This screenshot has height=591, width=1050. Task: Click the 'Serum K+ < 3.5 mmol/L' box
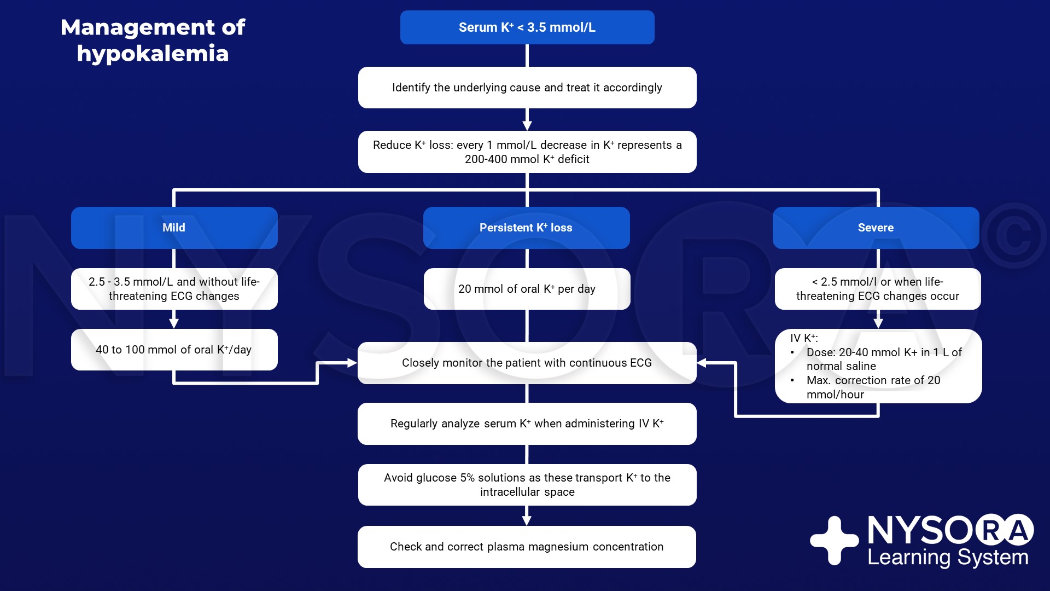pyautogui.click(x=527, y=27)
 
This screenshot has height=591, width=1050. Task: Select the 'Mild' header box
pyautogui.click(x=174, y=228)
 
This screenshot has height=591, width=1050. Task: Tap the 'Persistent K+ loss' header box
pyautogui.click(x=527, y=228)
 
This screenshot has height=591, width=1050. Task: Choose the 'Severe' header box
pyautogui.click(x=876, y=228)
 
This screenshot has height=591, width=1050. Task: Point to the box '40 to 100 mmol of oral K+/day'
pyautogui.click(x=174, y=350)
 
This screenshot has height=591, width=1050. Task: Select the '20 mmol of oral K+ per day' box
pyautogui.click(x=527, y=289)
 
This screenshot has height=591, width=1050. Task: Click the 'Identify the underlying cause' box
pyautogui.click(x=527, y=88)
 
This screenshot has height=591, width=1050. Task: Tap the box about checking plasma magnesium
pyautogui.click(x=527, y=547)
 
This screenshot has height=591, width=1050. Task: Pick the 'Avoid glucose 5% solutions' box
pyautogui.click(x=527, y=485)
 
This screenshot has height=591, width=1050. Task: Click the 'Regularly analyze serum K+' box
pyautogui.click(x=527, y=424)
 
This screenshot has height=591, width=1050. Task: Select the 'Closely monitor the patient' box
pyautogui.click(x=527, y=363)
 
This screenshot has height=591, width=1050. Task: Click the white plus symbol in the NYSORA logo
pyautogui.click(x=835, y=541)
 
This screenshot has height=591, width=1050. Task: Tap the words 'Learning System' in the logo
pyautogui.click(x=948, y=558)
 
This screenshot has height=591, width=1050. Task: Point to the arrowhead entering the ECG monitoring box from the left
pyautogui.click(x=352, y=363)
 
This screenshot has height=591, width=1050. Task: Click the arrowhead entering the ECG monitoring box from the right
pyautogui.click(x=702, y=363)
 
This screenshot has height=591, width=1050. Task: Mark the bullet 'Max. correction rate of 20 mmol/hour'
pyautogui.click(x=870, y=387)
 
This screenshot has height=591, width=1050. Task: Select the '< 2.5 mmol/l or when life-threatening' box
pyautogui.click(x=878, y=289)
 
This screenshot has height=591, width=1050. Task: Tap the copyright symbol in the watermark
pyautogui.click(x=1013, y=236)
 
